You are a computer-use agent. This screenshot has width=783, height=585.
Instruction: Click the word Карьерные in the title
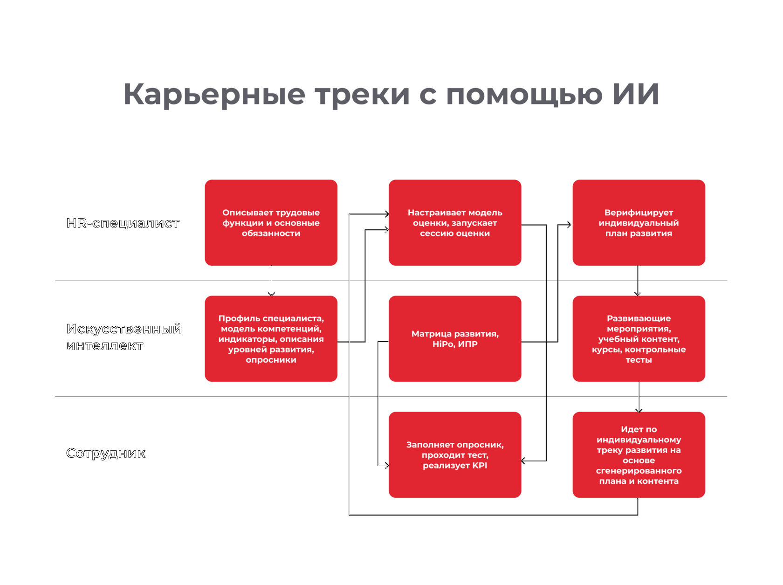[x=214, y=95]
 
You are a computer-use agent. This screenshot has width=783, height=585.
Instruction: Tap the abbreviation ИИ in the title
[x=636, y=94]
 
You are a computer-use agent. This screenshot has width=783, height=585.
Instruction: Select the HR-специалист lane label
[x=123, y=223]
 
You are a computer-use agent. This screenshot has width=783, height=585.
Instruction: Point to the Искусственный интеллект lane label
[x=124, y=337]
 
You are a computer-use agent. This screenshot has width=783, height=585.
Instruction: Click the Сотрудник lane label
[x=106, y=453]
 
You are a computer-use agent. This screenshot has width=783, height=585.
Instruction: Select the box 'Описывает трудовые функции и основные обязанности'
[x=271, y=223]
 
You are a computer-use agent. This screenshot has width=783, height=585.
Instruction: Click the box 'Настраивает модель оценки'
[x=455, y=223]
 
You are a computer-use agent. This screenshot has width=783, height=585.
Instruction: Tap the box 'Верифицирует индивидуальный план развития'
[x=639, y=223]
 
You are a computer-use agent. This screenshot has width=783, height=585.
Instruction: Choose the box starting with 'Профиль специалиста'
[x=271, y=338]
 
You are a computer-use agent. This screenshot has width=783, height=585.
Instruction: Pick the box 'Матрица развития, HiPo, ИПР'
[x=455, y=338]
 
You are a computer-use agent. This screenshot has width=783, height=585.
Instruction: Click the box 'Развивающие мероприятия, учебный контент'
[x=639, y=338]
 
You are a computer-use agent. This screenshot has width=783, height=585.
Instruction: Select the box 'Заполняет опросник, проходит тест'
[x=455, y=455]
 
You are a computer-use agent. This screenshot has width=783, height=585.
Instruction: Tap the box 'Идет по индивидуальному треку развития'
[x=639, y=455]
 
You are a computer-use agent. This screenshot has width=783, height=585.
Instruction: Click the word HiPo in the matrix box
[x=443, y=344]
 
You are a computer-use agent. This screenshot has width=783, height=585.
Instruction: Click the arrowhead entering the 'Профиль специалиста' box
[x=271, y=294]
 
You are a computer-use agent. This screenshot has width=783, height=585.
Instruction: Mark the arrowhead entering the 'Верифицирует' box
[x=570, y=225]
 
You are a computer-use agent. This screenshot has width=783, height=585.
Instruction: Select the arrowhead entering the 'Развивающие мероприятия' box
[x=638, y=294]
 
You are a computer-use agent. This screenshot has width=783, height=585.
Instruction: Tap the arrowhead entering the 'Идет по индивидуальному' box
[x=639, y=410]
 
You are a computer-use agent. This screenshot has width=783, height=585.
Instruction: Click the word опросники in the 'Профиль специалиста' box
[x=271, y=359]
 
